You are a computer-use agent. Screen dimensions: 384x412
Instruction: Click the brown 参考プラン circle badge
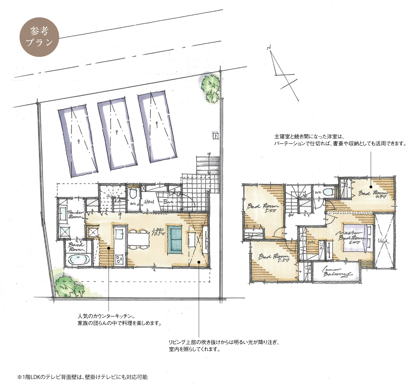[39, 37]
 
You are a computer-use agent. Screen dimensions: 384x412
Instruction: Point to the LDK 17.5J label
[159, 232]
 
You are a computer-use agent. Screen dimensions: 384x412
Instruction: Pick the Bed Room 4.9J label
[373, 194]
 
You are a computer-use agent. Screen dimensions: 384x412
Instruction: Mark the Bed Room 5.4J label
[263, 207]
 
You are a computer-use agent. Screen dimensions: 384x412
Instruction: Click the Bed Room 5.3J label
[274, 257]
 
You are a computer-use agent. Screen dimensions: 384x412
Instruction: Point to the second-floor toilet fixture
[329, 192]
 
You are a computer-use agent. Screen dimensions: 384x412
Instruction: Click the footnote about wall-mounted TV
[82, 377]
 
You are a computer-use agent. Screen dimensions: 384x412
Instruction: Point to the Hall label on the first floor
[149, 202]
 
